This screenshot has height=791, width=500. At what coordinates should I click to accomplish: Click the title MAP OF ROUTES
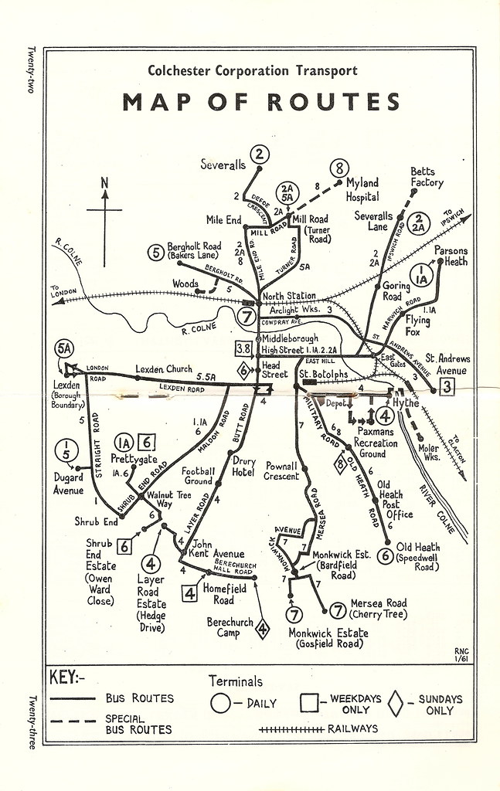(x=260, y=102)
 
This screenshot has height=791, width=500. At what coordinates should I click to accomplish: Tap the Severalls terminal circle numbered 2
(x=260, y=154)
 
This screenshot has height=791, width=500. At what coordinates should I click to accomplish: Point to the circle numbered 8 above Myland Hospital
(x=338, y=168)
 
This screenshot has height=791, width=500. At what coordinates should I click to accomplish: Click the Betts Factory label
(x=427, y=177)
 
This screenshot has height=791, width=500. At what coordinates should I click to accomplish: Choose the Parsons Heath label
(x=451, y=255)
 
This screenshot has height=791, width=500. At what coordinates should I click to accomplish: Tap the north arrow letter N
(x=104, y=184)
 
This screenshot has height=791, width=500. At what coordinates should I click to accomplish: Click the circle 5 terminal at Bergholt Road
(x=156, y=251)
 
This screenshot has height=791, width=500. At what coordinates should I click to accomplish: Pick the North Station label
(x=289, y=295)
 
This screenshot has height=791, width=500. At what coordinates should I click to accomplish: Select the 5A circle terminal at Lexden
(x=64, y=349)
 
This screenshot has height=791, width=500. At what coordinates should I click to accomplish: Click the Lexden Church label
(x=163, y=368)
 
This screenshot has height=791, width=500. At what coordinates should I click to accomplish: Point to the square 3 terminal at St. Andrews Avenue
(x=447, y=388)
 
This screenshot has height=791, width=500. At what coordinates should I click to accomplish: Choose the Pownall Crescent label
(x=281, y=471)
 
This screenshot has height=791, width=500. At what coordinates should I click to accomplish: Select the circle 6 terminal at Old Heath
(x=386, y=554)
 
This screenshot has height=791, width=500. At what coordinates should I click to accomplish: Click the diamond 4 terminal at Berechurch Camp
(x=263, y=630)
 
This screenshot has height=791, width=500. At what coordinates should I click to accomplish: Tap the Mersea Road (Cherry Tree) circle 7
(x=337, y=610)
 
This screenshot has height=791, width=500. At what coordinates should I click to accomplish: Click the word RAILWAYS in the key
(x=353, y=728)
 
